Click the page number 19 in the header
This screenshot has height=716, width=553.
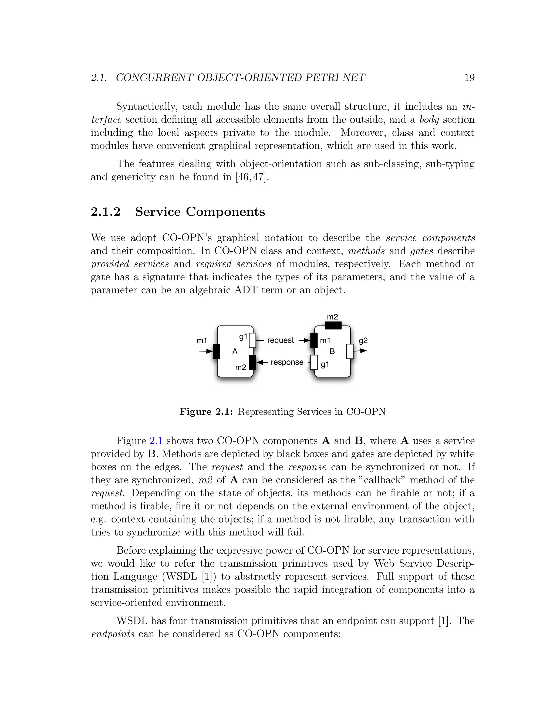coord(469,78)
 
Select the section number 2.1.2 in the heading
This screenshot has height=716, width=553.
coord(106,212)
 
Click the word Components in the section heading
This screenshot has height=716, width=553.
coord(225,212)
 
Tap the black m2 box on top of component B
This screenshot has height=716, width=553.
coord(333,325)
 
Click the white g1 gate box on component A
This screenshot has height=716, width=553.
coord(252,340)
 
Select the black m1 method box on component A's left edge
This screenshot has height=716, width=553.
coord(216,352)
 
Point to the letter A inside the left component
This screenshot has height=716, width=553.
coord(235,352)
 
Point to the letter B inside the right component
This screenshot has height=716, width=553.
coord(332,352)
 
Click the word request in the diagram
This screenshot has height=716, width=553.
coord(281,340)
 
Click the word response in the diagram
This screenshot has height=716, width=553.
coord(287,362)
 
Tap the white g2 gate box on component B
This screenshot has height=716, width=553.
coord(350,352)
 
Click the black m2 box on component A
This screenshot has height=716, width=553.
coord(252,362)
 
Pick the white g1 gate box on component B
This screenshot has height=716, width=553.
coord(314,362)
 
